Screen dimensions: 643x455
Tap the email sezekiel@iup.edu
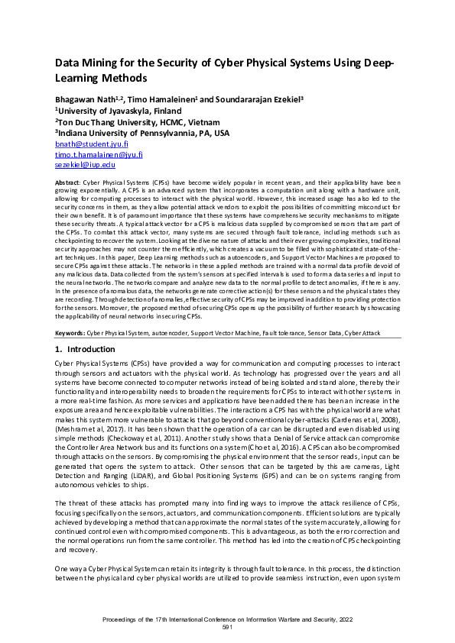(84, 164)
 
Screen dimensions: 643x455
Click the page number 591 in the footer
(226, 627)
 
